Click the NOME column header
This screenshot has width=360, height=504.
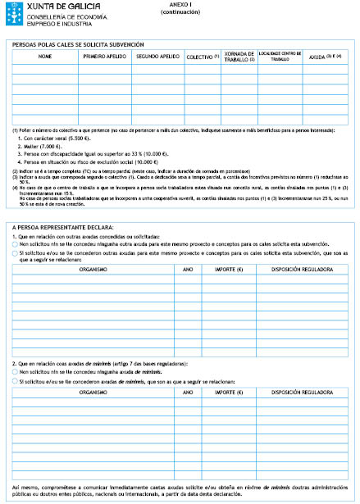coord(44,57)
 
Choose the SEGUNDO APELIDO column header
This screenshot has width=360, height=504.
coord(157,57)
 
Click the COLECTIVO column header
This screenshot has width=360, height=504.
coord(202,57)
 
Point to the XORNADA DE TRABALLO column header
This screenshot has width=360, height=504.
coord(239,57)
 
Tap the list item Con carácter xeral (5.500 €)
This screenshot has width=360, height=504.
coord(55,138)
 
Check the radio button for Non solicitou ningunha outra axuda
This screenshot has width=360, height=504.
coord(16,244)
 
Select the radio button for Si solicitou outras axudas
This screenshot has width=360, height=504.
coord(16,253)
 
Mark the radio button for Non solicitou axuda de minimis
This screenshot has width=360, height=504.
coord(16,371)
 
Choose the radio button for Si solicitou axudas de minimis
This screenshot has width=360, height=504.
coord(16,380)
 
